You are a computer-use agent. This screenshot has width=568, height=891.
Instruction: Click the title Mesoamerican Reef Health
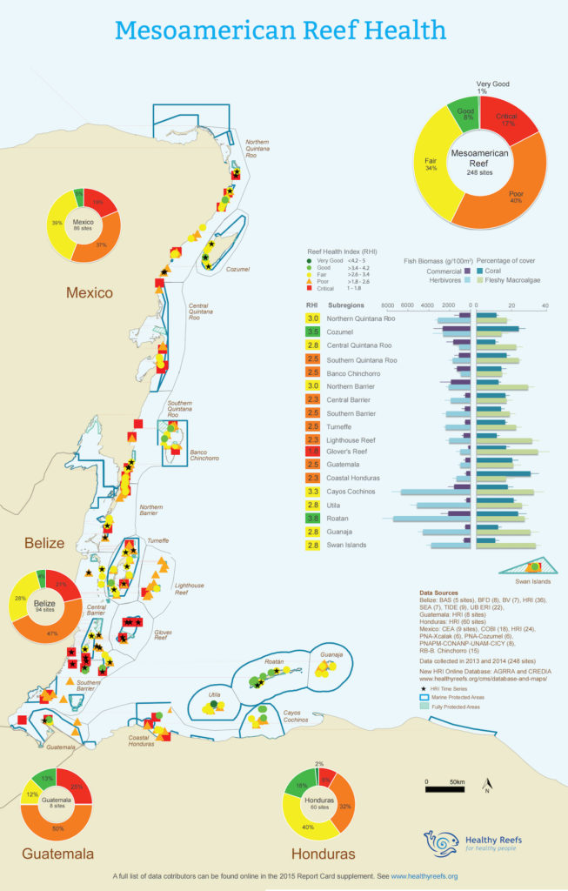[281, 30]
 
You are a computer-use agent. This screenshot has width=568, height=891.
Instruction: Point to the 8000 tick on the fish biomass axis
[389, 305]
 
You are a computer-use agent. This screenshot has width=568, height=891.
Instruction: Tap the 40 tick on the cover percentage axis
[545, 305]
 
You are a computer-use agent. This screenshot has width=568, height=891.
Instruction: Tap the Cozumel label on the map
[237, 269]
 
